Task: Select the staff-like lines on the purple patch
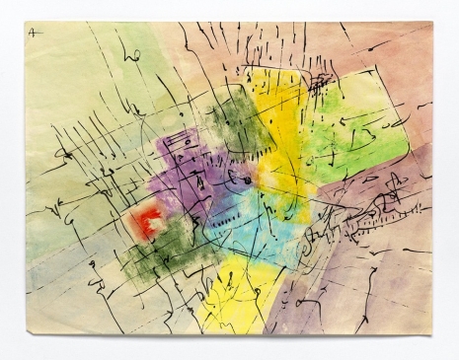pos(183,148)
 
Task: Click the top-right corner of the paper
pos(431,24)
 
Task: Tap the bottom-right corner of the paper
pos(432,332)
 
